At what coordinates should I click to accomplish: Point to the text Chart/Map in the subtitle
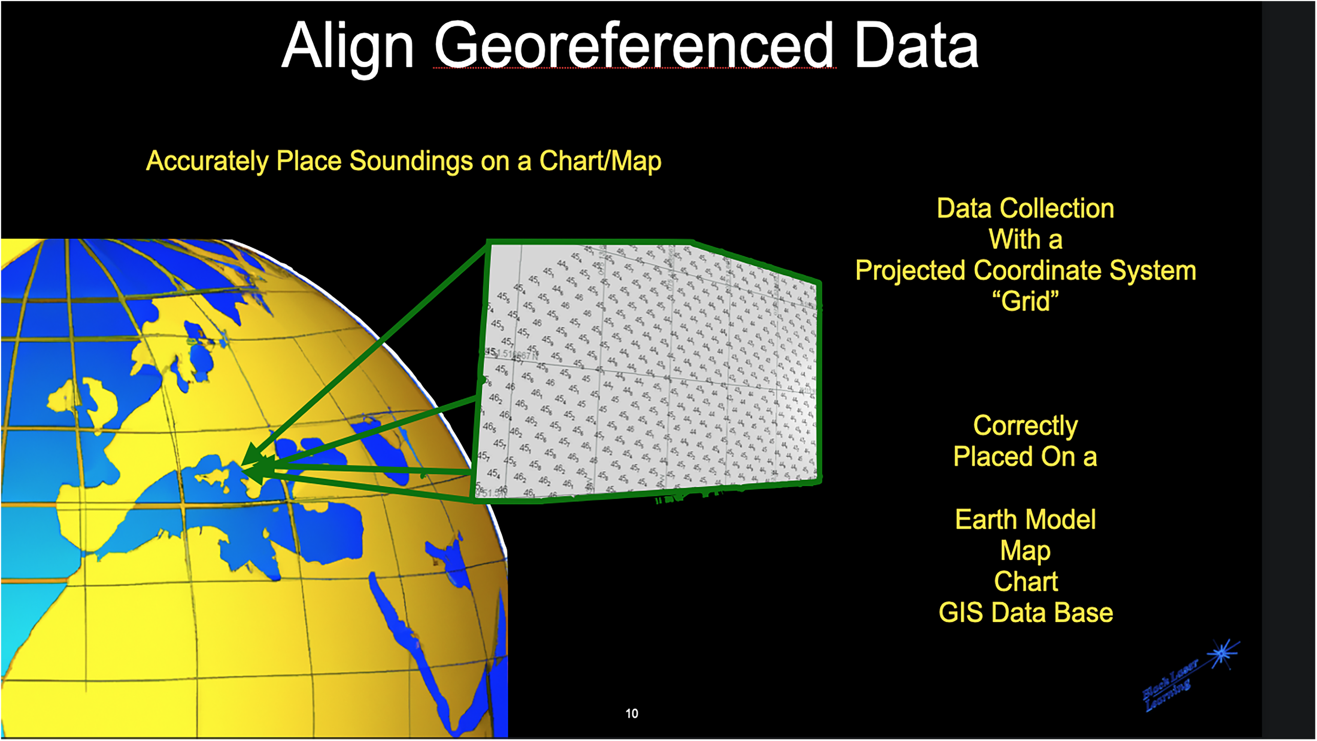(600, 161)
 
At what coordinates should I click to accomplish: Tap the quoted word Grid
(1025, 301)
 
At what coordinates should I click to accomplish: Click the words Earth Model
(1025, 520)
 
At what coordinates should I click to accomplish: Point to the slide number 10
(631, 714)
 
